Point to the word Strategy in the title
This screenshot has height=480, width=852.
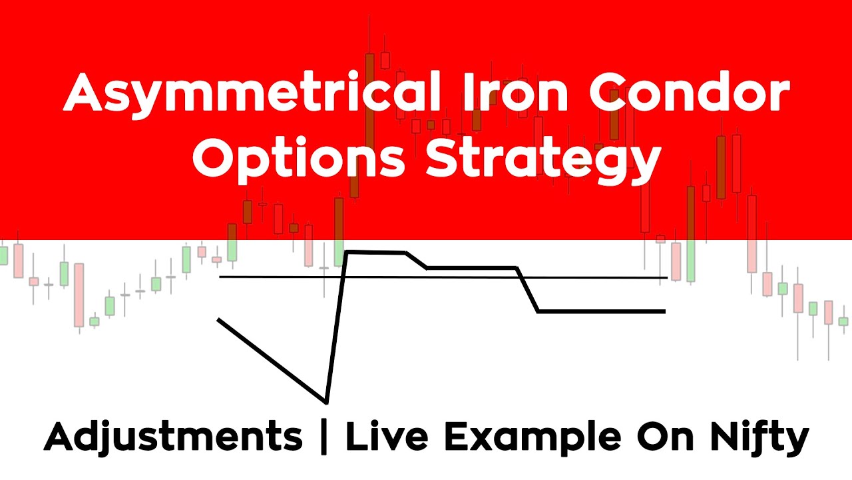543,160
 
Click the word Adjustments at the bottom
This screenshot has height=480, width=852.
173,438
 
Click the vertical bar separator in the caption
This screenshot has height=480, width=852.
324,438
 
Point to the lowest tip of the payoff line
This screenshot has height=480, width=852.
325,402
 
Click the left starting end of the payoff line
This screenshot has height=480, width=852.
218,321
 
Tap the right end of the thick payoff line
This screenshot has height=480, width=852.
664,311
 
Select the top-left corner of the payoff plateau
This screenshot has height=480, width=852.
346,252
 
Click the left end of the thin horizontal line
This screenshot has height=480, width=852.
220,276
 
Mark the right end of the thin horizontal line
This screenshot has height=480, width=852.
666,277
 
